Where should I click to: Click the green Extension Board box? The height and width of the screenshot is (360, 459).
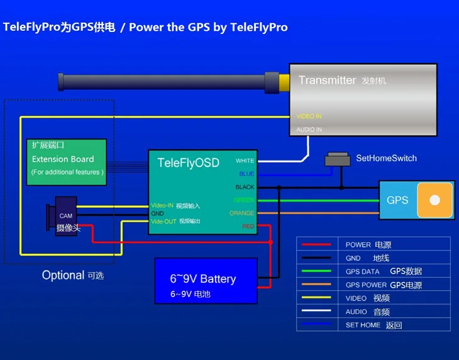coord(66,162)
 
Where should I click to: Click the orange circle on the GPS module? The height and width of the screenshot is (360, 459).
coord(434,200)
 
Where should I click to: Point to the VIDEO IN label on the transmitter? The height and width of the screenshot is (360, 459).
coord(309,116)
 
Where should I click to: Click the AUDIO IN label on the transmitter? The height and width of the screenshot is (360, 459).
coord(309,130)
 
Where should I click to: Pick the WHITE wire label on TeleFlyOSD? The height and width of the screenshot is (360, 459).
coord(245,161)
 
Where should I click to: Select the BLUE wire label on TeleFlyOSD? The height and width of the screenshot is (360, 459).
coord(246,174)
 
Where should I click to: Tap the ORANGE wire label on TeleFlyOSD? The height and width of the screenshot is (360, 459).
coord(241,213)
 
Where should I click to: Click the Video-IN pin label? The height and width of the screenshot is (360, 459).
coord(162,206)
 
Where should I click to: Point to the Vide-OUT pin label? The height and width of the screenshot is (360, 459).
coord(163,222)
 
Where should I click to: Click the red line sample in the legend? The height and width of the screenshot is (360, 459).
coord(318,245)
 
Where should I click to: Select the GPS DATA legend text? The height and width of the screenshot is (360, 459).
coord(363,272)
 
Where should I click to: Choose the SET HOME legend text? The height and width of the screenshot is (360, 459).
coord(363,325)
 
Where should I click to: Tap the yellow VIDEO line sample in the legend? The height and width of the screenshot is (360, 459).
coord(318,298)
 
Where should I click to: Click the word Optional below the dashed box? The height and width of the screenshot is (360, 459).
coord(63,275)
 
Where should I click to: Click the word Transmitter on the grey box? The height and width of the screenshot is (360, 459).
coord(327,80)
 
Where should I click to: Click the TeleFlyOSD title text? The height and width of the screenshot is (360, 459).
coord(188,163)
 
